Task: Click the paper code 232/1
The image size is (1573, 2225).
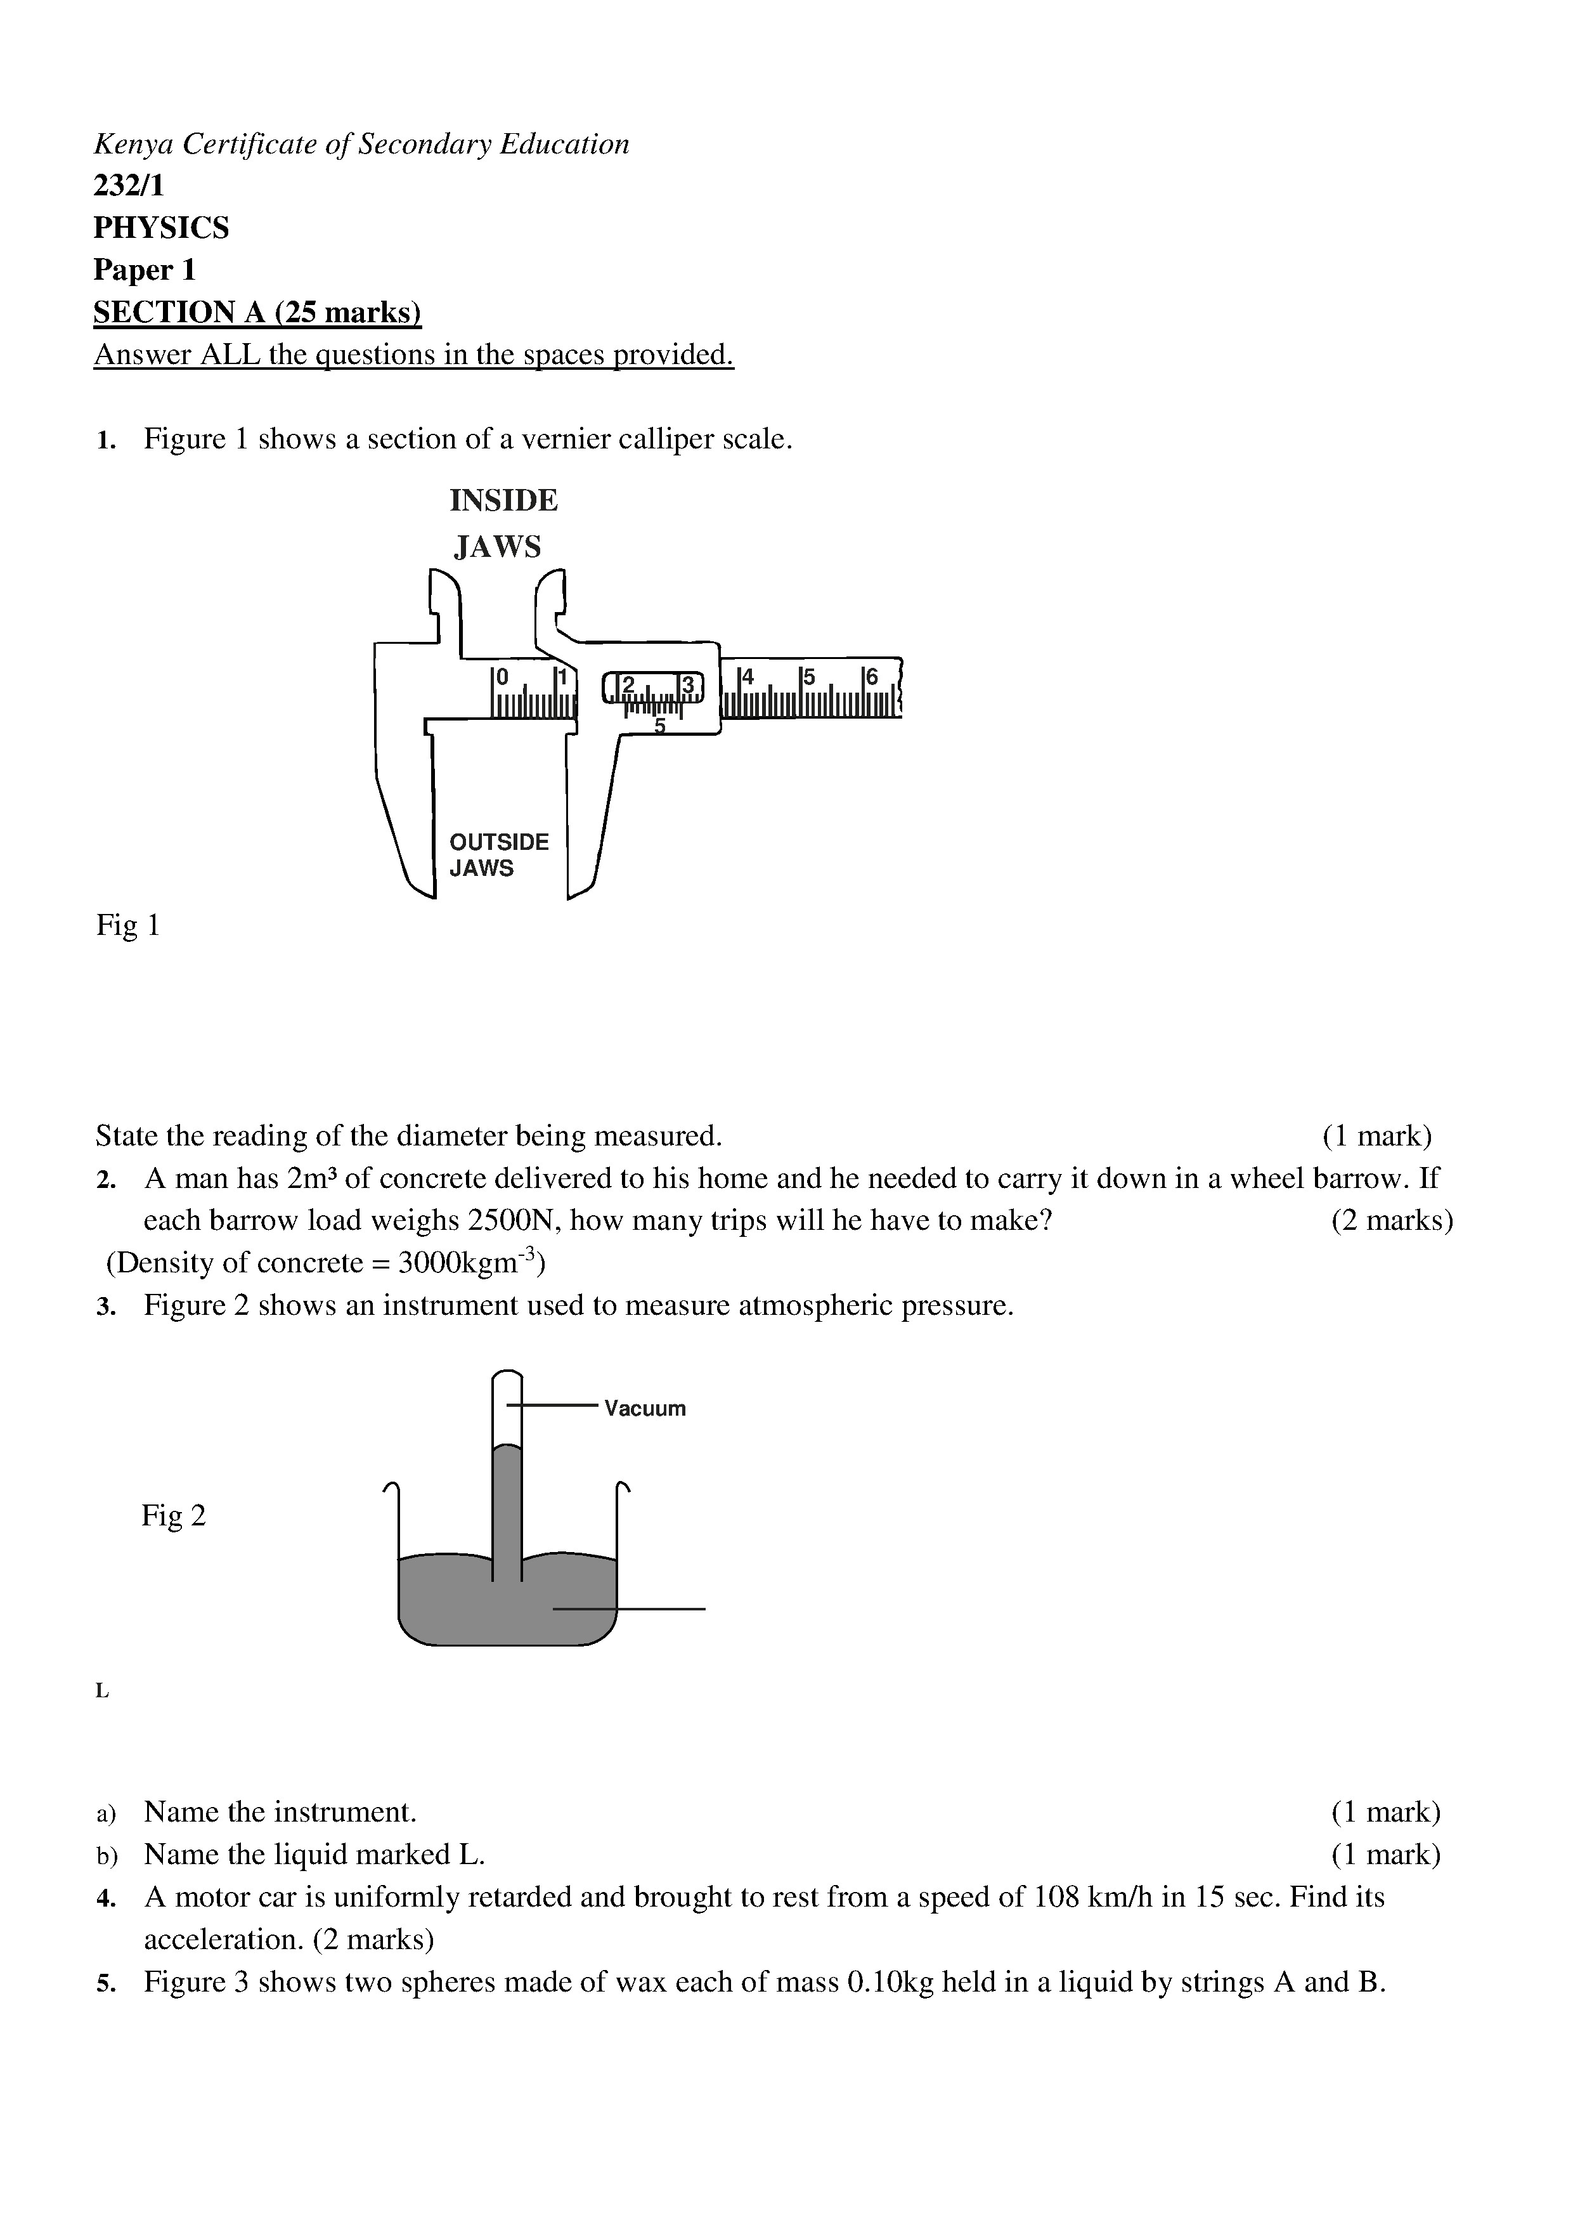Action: [129, 185]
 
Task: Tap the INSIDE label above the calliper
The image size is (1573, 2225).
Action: [503, 501]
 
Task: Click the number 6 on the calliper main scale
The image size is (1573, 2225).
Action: [871, 676]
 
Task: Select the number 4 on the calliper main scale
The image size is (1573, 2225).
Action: [747, 676]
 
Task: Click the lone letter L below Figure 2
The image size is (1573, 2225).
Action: [101, 1691]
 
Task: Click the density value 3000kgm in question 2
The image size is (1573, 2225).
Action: [462, 1263]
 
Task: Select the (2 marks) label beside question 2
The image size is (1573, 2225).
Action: [1392, 1220]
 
